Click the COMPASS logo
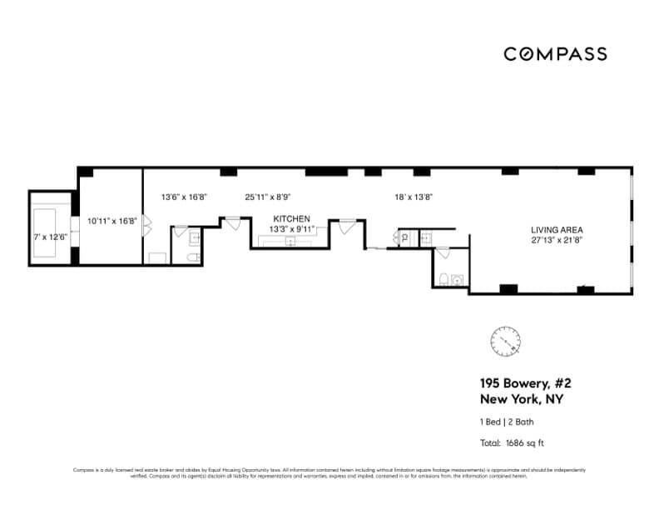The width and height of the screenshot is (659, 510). click(x=555, y=54)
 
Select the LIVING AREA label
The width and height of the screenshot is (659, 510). click(x=557, y=230)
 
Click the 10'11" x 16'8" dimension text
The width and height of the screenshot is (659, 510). click(x=111, y=222)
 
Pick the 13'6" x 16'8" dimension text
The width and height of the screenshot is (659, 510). click(x=183, y=197)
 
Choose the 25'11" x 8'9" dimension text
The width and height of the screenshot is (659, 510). click(x=267, y=197)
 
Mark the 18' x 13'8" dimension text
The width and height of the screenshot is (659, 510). click(x=414, y=197)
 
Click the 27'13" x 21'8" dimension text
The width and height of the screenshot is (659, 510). click(x=557, y=240)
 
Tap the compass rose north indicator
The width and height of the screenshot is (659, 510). click(x=505, y=339)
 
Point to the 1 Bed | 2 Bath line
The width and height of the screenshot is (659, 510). click(x=506, y=422)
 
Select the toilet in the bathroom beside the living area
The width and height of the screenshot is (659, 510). click(x=445, y=279)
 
